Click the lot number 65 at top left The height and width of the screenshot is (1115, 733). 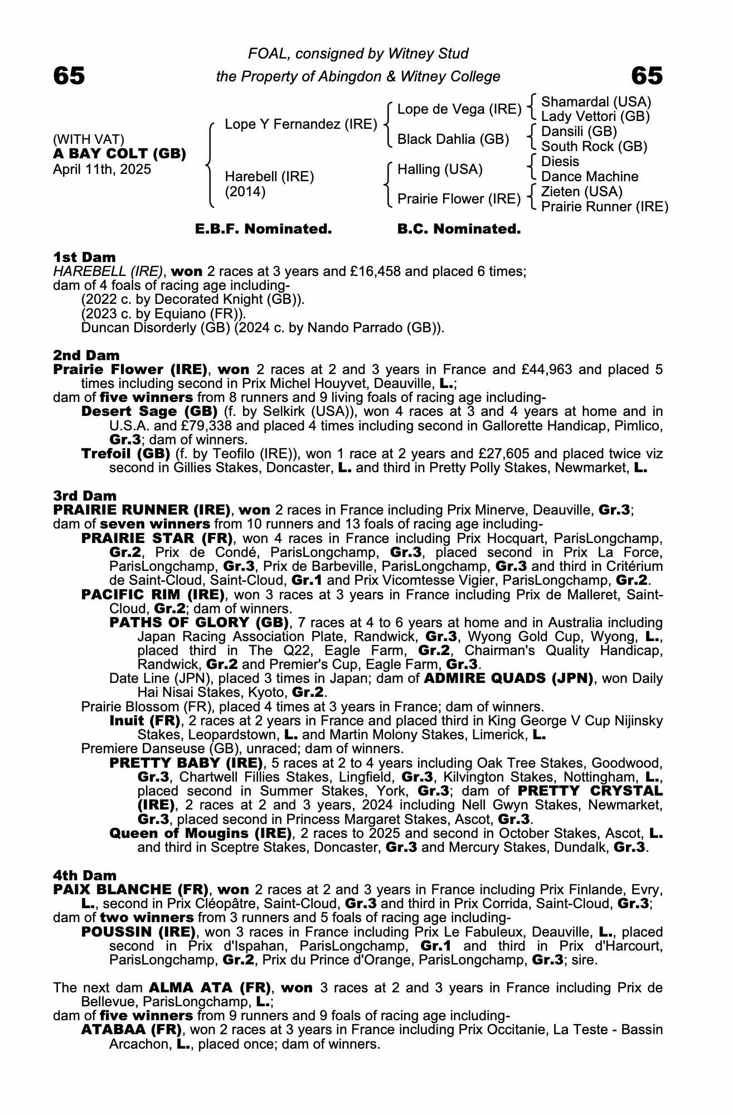(69, 76)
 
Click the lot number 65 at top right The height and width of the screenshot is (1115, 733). (647, 76)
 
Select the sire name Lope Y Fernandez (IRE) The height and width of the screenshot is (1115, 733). (301, 124)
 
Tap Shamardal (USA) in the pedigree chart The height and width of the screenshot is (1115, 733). (596, 102)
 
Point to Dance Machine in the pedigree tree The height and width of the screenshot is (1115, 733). (590, 177)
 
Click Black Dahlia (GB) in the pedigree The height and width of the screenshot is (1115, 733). (453, 139)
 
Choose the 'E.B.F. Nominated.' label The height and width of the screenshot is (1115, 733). (263, 229)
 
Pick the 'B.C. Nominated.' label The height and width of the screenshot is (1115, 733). (459, 229)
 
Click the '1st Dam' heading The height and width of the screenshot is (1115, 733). (84, 258)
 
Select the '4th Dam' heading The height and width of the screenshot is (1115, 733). (85, 875)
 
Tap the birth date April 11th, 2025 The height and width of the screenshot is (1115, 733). (102, 169)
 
